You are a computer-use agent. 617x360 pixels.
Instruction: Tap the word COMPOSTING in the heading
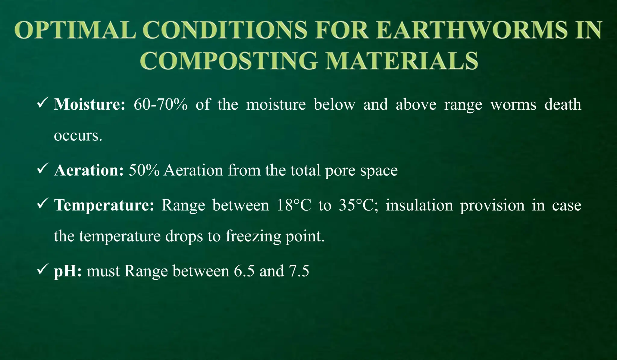pos(229,61)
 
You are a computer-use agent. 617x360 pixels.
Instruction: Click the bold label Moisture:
pos(89,105)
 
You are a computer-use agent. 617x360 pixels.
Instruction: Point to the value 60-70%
pos(161,105)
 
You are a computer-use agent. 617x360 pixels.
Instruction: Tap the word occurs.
pos(78,136)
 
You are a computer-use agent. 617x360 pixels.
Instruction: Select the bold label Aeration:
pos(89,170)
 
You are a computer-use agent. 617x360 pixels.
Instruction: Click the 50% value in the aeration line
pos(144,170)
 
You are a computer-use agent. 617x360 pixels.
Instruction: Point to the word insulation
pos(419,205)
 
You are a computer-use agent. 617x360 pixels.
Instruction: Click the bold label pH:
pos(68,271)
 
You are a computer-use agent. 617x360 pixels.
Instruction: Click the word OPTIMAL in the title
pos(75,30)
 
